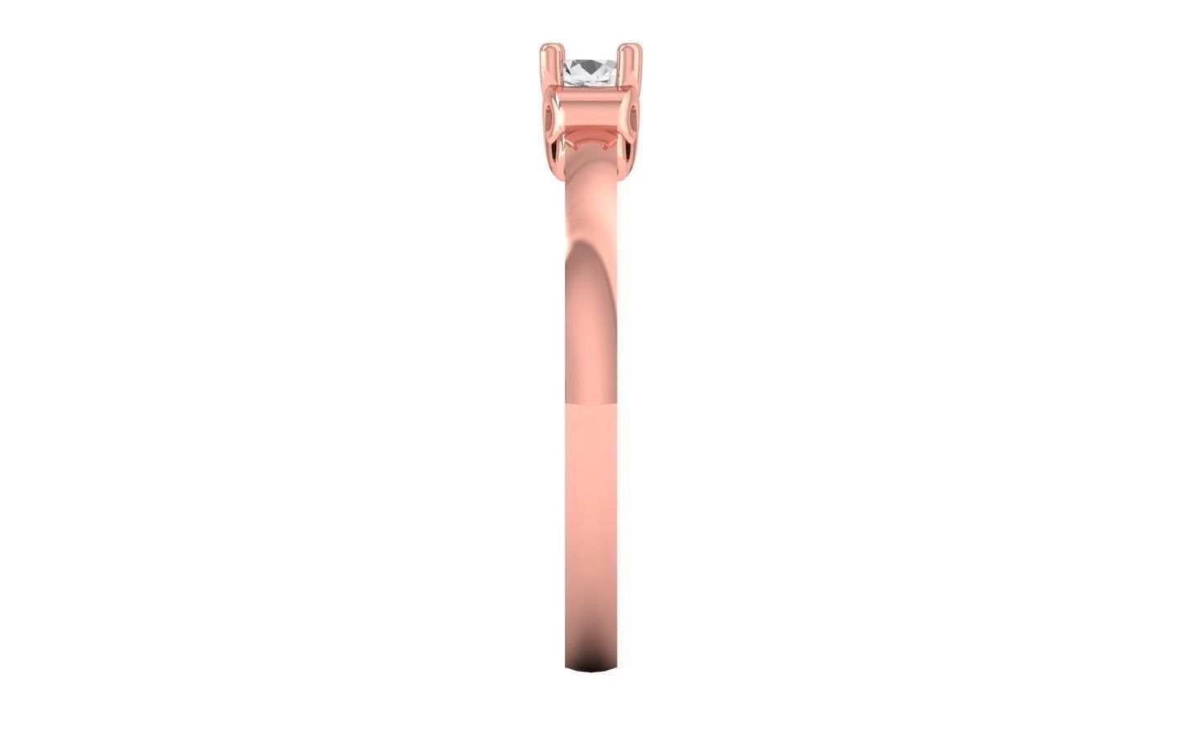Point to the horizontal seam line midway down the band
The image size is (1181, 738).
coord(590,403)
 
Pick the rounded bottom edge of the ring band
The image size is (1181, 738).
coord(590,669)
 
